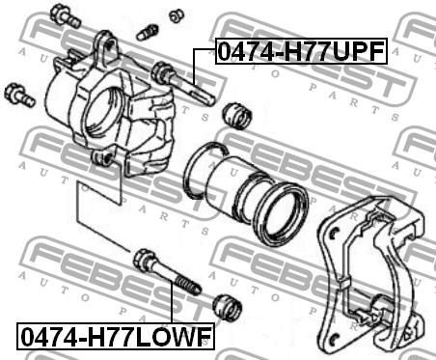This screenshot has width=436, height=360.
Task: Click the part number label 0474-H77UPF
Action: pos(301,51)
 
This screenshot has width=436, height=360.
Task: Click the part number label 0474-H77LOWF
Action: pos(116,336)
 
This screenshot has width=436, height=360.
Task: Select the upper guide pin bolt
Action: pos(182,83)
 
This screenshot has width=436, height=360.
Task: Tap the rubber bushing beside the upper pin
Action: pos(237,116)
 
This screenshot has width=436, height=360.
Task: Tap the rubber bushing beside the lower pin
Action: pos(228,307)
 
